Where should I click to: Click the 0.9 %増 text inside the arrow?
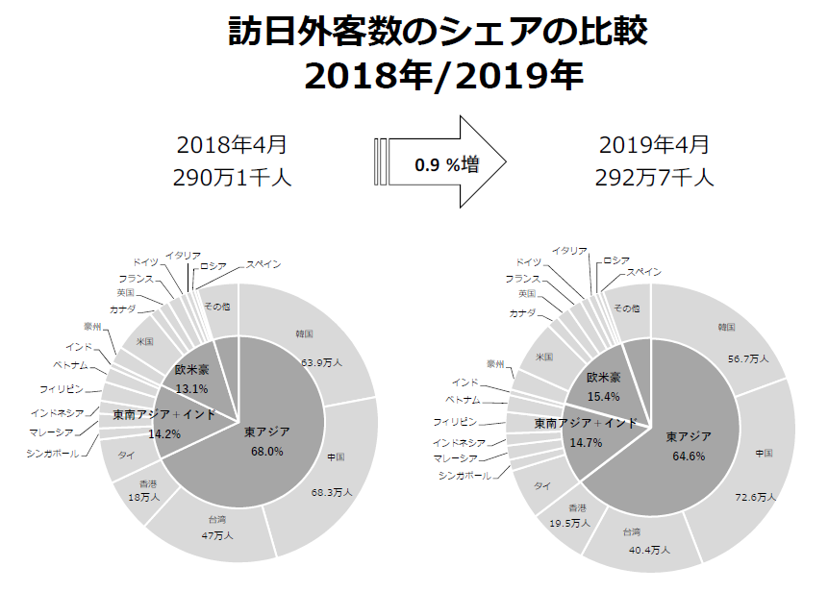pyautogui.click(x=447, y=164)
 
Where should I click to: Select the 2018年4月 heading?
pyautogui.click(x=232, y=146)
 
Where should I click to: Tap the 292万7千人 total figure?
pyautogui.click(x=653, y=177)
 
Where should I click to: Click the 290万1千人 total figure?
pyautogui.click(x=232, y=177)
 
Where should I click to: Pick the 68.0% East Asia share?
pyautogui.click(x=268, y=451)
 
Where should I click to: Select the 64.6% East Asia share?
pyautogui.click(x=689, y=456)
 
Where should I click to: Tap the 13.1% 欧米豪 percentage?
pyautogui.click(x=192, y=388)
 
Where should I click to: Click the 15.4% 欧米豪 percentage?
pyautogui.click(x=604, y=396)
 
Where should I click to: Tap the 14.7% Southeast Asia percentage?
pyautogui.click(x=586, y=442)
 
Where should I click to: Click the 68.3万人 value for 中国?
pyautogui.click(x=332, y=492)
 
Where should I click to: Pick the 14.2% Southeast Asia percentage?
pyautogui.click(x=164, y=434)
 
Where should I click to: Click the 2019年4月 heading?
pyautogui.click(x=653, y=146)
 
